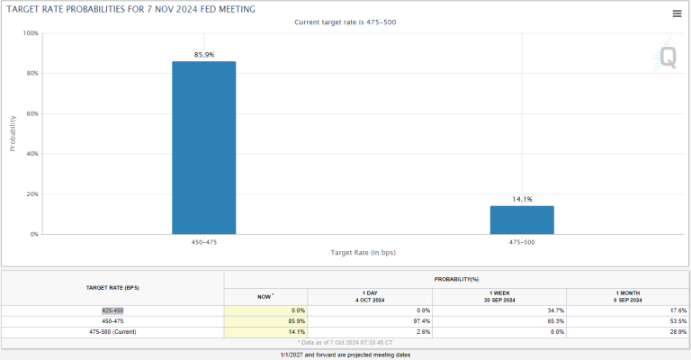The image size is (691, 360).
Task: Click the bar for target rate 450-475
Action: pos(204,148)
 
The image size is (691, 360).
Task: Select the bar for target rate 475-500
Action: pos(522,220)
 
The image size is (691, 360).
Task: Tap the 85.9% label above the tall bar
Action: pos(204,55)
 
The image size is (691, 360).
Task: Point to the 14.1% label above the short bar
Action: pos(522,199)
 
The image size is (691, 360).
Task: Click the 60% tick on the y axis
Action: pos(32,113)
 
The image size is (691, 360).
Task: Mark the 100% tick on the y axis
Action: pos(31,33)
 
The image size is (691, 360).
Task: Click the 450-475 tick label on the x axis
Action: pos(204,242)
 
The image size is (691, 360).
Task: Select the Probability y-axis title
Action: pos(13,133)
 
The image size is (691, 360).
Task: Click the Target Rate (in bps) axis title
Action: pos(363,253)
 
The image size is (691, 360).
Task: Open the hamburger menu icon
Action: pos(677,13)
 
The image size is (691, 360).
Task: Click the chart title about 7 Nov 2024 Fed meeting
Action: pos(130,9)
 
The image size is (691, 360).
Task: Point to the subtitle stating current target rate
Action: pos(345,22)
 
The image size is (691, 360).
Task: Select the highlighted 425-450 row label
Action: pos(112,310)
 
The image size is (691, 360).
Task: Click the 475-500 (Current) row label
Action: pos(112,332)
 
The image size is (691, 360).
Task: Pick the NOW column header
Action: pos(265,296)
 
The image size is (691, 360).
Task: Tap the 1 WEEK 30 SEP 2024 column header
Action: pos(499,296)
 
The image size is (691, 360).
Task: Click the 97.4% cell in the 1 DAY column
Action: pos(422,321)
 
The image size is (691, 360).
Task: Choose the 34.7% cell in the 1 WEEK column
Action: pos(556,310)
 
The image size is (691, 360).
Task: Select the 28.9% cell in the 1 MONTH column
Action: pos(678,332)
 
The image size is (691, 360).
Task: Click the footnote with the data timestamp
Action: pos(345,342)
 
